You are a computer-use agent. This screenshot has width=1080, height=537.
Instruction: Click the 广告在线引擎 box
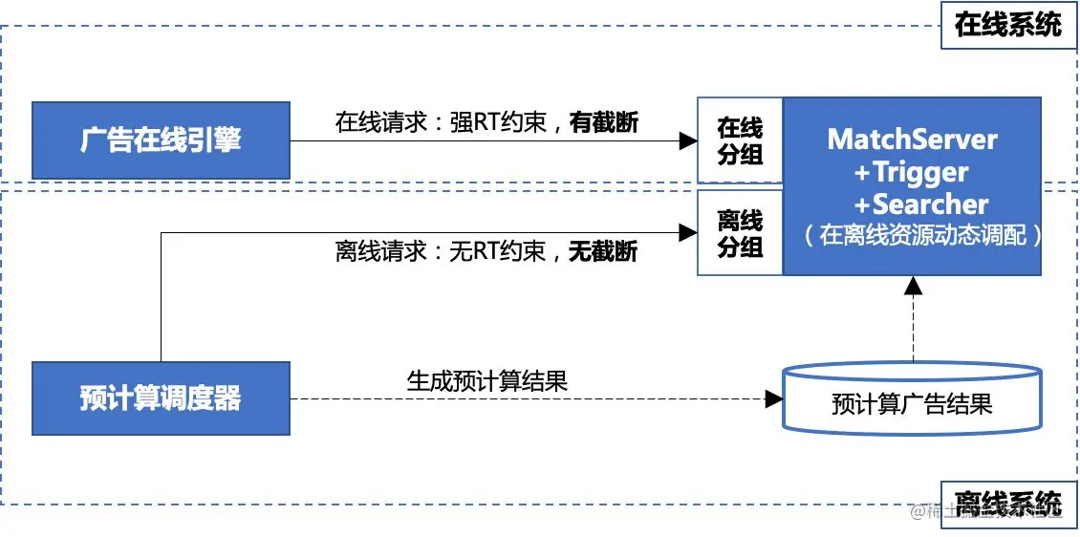[161, 140]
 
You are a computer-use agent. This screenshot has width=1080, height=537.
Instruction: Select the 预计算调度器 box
[161, 398]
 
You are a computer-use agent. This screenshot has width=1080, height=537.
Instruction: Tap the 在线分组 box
[740, 140]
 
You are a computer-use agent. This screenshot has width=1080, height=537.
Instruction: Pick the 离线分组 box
[740, 233]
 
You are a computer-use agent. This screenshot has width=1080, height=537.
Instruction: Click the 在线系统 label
[1007, 24]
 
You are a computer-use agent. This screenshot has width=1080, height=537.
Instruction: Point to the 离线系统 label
[1007, 503]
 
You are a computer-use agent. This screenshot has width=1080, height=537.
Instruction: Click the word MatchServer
[912, 140]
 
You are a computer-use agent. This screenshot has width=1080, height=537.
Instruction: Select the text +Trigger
[912, 172]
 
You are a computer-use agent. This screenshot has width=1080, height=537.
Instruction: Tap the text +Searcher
[912, 204]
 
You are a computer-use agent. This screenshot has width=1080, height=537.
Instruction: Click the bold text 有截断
[604, 122]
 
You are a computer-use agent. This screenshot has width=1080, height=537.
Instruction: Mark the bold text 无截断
[604, 251]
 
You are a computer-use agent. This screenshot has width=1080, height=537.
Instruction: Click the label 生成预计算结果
[487, 381]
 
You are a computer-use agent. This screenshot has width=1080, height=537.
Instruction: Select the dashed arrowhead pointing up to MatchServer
[913, 285]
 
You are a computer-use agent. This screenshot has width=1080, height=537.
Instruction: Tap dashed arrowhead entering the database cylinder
[774, 399]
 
